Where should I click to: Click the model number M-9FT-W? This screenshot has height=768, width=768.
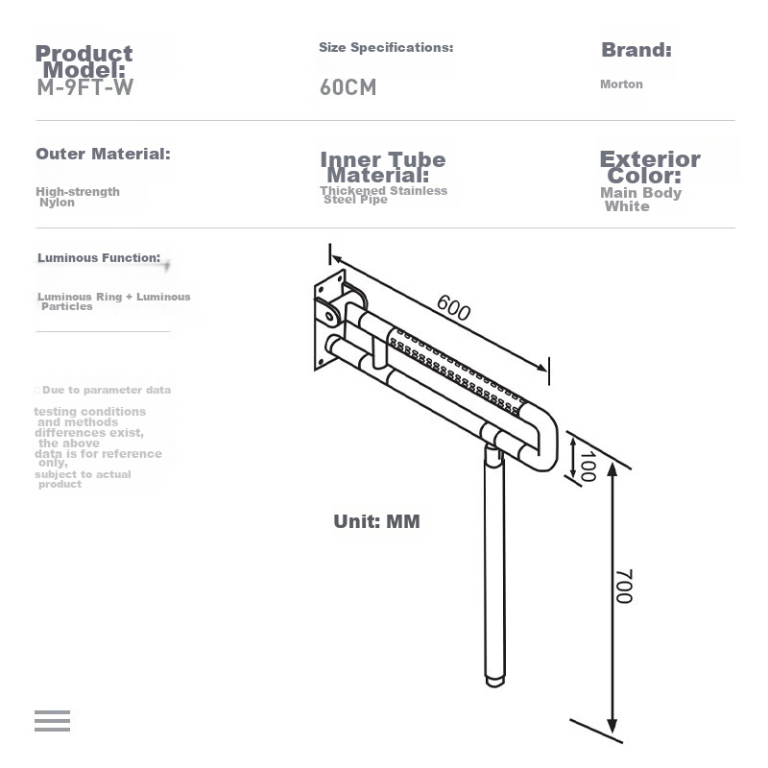(x=85, y=87)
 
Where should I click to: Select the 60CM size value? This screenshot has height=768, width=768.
(x=348, y=87)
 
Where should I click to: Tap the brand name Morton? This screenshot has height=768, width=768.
(x=621, y=84)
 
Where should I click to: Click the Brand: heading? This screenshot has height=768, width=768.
(x=636, y=50)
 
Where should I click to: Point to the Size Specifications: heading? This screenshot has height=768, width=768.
(x=386, y=47)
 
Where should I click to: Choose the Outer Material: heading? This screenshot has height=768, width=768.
(x=103, y=154)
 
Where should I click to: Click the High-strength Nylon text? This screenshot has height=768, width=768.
(x=78, y=197)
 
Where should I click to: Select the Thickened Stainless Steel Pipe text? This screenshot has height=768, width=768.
(x=383, y=195)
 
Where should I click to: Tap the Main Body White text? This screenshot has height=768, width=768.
(x=640, y=200)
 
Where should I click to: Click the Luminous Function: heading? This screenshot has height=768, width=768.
(x=99, y=257)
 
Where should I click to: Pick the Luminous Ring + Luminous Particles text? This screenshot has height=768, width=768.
(x=113, y=301)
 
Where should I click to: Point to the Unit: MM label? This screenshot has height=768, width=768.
(x=376, y=521)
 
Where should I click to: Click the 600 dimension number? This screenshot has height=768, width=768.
(x=453, y=307)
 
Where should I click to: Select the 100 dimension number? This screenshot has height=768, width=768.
(x=588, y=467)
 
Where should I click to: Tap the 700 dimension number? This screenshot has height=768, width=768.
(x=623, y=587)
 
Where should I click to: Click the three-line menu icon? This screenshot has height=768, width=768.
(x=53, y=721)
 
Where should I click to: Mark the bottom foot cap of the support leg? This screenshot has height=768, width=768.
(x=495, y=682)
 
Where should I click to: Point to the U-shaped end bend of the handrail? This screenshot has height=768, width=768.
(x=542, y=437)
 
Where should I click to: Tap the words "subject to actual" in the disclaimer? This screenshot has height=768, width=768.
(x=83, y=474)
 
